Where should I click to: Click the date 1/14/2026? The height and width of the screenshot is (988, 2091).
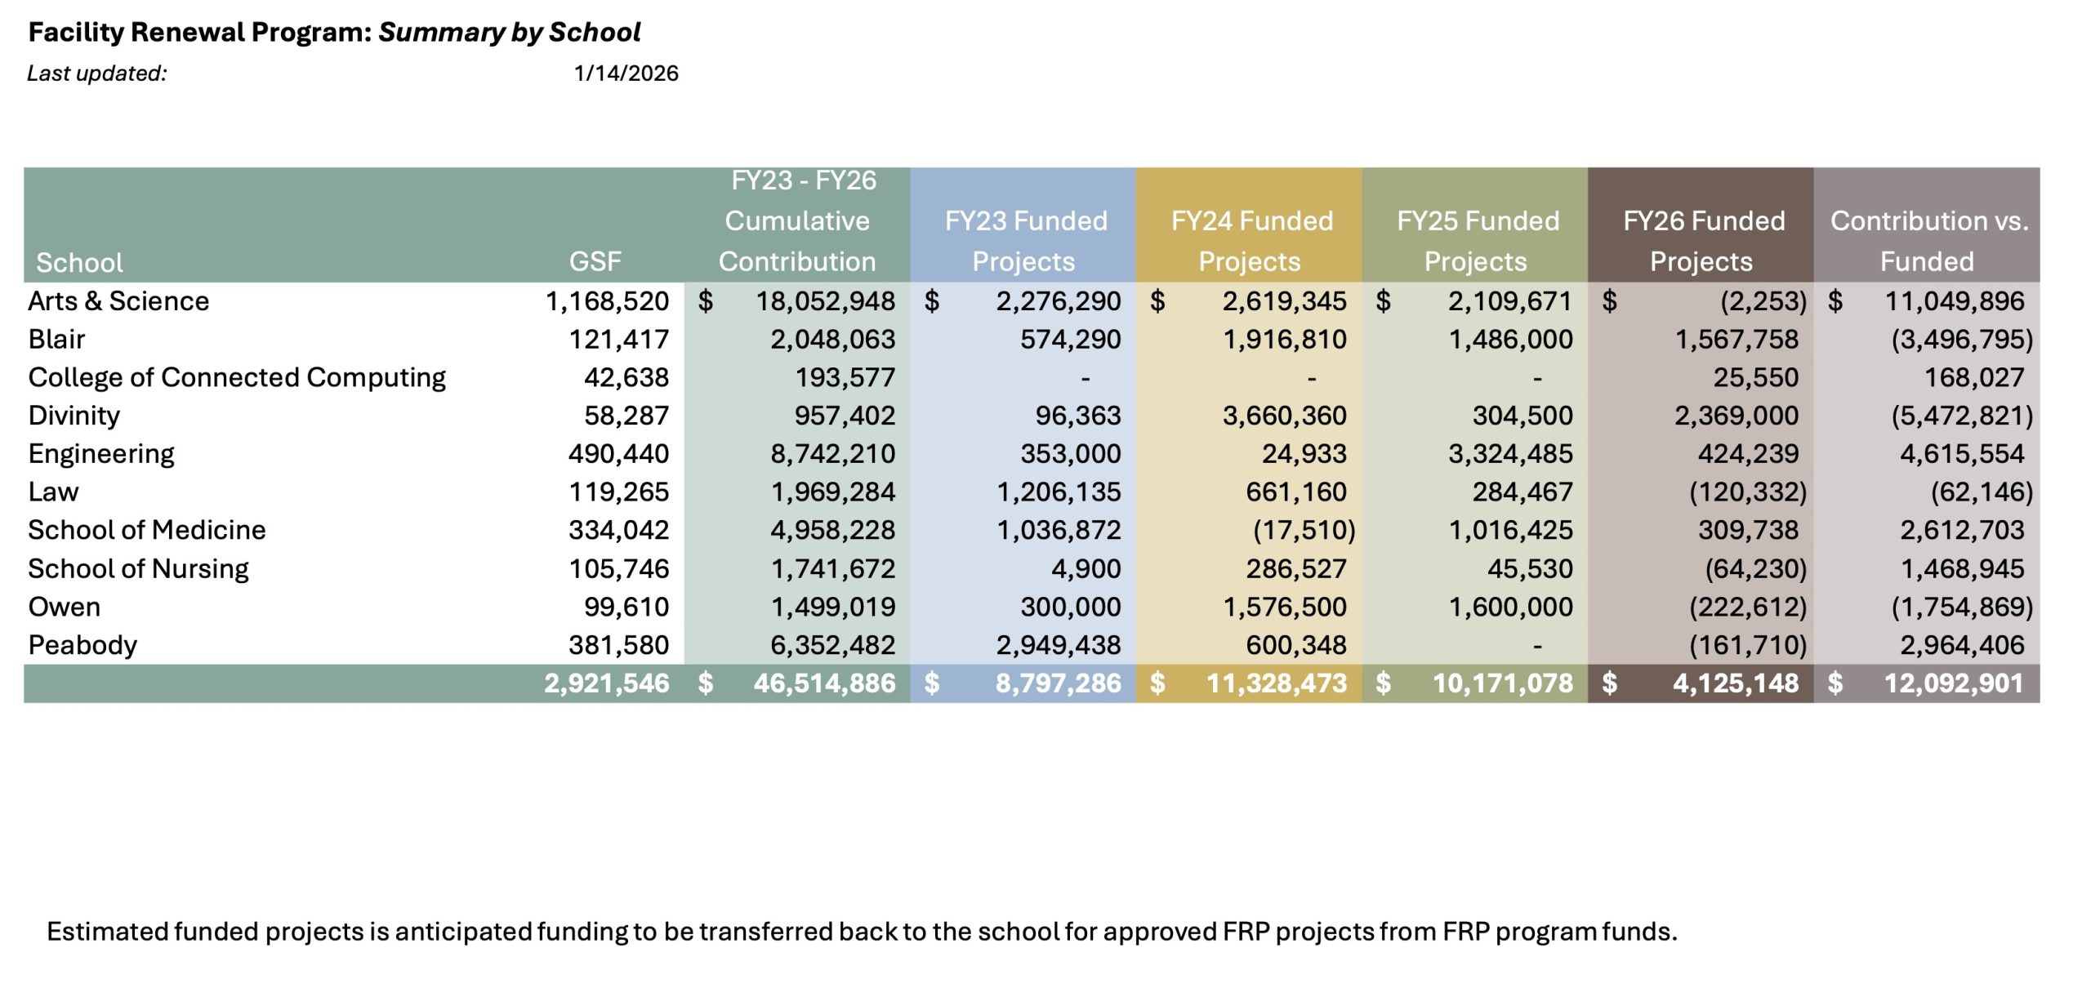[626, 73]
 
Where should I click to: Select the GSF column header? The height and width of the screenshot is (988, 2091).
[595, 261]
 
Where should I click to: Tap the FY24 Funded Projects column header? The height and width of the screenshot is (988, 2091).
[1251, 241]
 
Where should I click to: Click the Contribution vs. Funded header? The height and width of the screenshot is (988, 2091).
[1928, 241]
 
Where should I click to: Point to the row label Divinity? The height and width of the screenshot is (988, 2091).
[74, 416]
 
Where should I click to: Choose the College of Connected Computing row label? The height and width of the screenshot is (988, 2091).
[237, 377]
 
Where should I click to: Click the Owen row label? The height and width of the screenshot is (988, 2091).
[65, 607]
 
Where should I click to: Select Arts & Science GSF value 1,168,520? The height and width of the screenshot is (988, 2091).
[607, 301]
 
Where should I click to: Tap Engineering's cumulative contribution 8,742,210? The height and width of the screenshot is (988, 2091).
[832, 454]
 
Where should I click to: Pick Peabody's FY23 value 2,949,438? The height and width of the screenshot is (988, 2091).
[1058, 645]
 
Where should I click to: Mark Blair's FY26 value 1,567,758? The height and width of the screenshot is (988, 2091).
[1736, 340]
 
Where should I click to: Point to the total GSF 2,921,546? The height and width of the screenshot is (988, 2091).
[606, 683]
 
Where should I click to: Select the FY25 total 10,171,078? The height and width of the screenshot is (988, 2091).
[1502, 683]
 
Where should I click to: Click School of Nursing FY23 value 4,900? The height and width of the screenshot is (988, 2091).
[1086, 569]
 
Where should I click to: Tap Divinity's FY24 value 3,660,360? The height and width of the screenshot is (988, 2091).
[1284, 416]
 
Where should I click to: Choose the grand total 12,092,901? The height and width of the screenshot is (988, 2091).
[1953, 683]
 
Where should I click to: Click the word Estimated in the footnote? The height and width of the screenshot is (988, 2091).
[106, 932]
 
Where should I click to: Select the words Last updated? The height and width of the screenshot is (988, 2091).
[96, 73]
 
